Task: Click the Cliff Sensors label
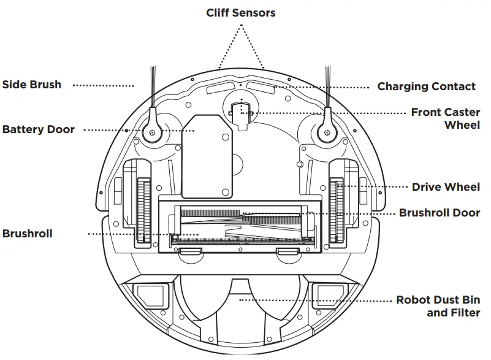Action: pyautogui.click(x=240, y=13)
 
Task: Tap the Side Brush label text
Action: pyautogui.click(x=32, y=85)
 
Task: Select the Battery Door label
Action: pyautogui.click(x=39, y=129)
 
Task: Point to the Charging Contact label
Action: pyautogui.click(x=426, y=86)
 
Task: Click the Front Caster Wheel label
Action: pyautogui.click(x=445, y=118)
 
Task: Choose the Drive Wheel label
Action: pyautogui.click(x=446, y=186)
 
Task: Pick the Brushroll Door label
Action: pyautogui.click(x=440, y=213)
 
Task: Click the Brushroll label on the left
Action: pyautogui.click(x=28, y=234)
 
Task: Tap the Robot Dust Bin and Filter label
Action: pyautogui.click(x=438, y=306)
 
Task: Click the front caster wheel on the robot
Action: pyautogui.click(x=241, y=112)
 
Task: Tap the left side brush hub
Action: pyautogui.click(x=151, y=132)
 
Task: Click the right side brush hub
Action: pyautogui.click(x=325, y=132)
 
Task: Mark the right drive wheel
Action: pyautogui.click(x=335, y=209)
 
